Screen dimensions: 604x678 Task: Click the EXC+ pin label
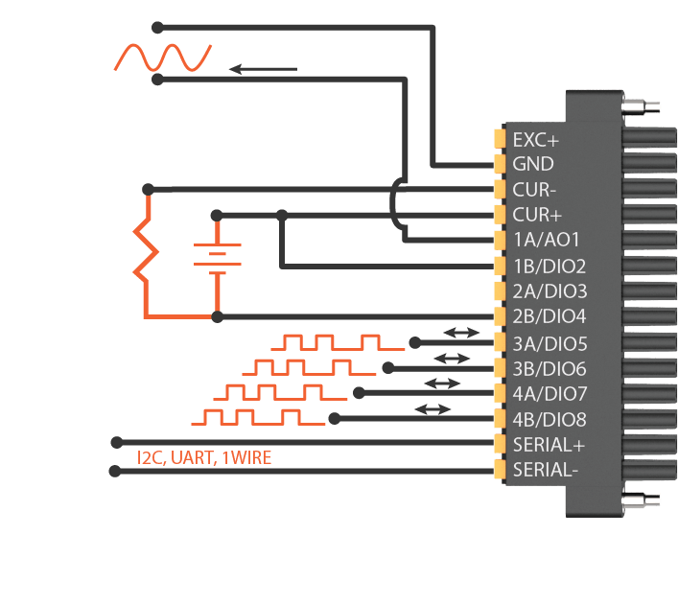pos(535,140)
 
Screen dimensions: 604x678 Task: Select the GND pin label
pos(533,165)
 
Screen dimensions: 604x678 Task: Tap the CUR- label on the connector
pos(533,190)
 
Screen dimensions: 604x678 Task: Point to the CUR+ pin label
pos(535,215)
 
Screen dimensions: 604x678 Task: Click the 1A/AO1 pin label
pos(547,241)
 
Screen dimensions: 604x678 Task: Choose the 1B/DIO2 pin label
pos(549,266)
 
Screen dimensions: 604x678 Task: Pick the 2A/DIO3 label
pos(549,291)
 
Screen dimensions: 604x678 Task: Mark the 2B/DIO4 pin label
pos(549,316)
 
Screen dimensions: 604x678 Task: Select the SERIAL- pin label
pos(545,470)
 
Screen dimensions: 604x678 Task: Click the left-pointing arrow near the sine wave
pos(263,69)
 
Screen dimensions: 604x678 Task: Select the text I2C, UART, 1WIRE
pos(204,458)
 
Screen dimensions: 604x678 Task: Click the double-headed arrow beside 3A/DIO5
pos(461,333)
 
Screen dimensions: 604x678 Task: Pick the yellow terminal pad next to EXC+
pos(500,139)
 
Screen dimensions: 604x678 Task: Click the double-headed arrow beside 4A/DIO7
pos(442,383)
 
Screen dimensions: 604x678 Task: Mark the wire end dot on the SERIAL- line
pos(115,471)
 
